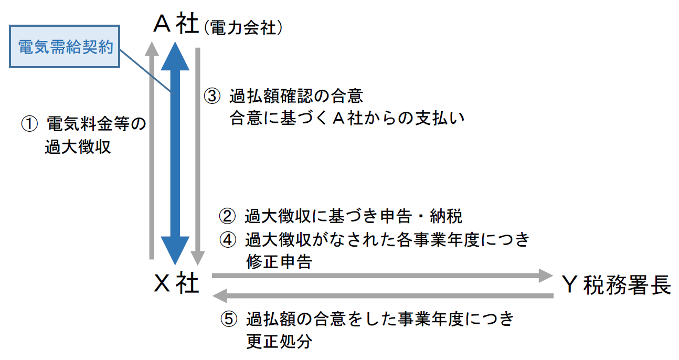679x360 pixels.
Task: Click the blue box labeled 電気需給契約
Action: pyautogui.click(x=66, y=47)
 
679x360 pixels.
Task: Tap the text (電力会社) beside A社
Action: pyautogui.click(x=242, y=27)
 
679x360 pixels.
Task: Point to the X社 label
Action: pyautogui.click(x=176, y=284)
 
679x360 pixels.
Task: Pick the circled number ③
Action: pyautogui.click(x=211, y=97)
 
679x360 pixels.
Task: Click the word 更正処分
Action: pyautogui.click(x=279, y=341)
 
